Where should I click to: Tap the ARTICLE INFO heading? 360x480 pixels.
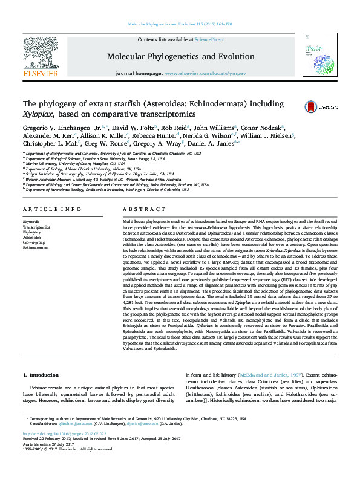click(51, 209)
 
